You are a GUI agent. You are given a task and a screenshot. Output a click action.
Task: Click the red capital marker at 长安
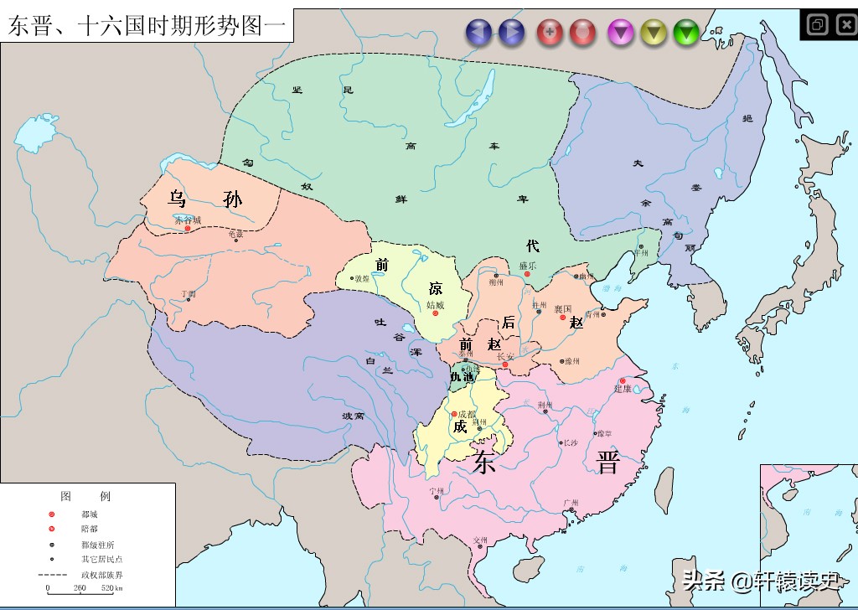coord(505,364)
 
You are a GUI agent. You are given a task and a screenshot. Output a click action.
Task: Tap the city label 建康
coord(622,389)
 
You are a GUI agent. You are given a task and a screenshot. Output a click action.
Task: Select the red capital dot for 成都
coord(454,414)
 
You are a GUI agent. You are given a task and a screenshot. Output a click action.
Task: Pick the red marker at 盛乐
coord(527,274)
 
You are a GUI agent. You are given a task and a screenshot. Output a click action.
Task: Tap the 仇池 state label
coord(462,378)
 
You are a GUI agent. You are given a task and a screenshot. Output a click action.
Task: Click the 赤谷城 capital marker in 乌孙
coord(188,228)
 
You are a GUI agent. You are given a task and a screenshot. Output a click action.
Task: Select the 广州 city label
coord(571,504)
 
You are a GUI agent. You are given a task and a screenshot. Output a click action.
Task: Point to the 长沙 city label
coord(570,442)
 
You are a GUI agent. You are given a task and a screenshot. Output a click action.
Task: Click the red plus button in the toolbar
coord(550,33)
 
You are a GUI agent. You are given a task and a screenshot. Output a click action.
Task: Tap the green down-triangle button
coord(686,33)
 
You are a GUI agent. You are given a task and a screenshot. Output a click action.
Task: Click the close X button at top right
coord(845,24)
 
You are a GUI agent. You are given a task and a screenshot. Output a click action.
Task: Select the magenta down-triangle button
coord(621,33)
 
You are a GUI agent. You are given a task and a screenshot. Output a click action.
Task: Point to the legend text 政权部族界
coord(101,574)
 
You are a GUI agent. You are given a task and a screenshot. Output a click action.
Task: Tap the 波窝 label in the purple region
coord(353,416)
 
